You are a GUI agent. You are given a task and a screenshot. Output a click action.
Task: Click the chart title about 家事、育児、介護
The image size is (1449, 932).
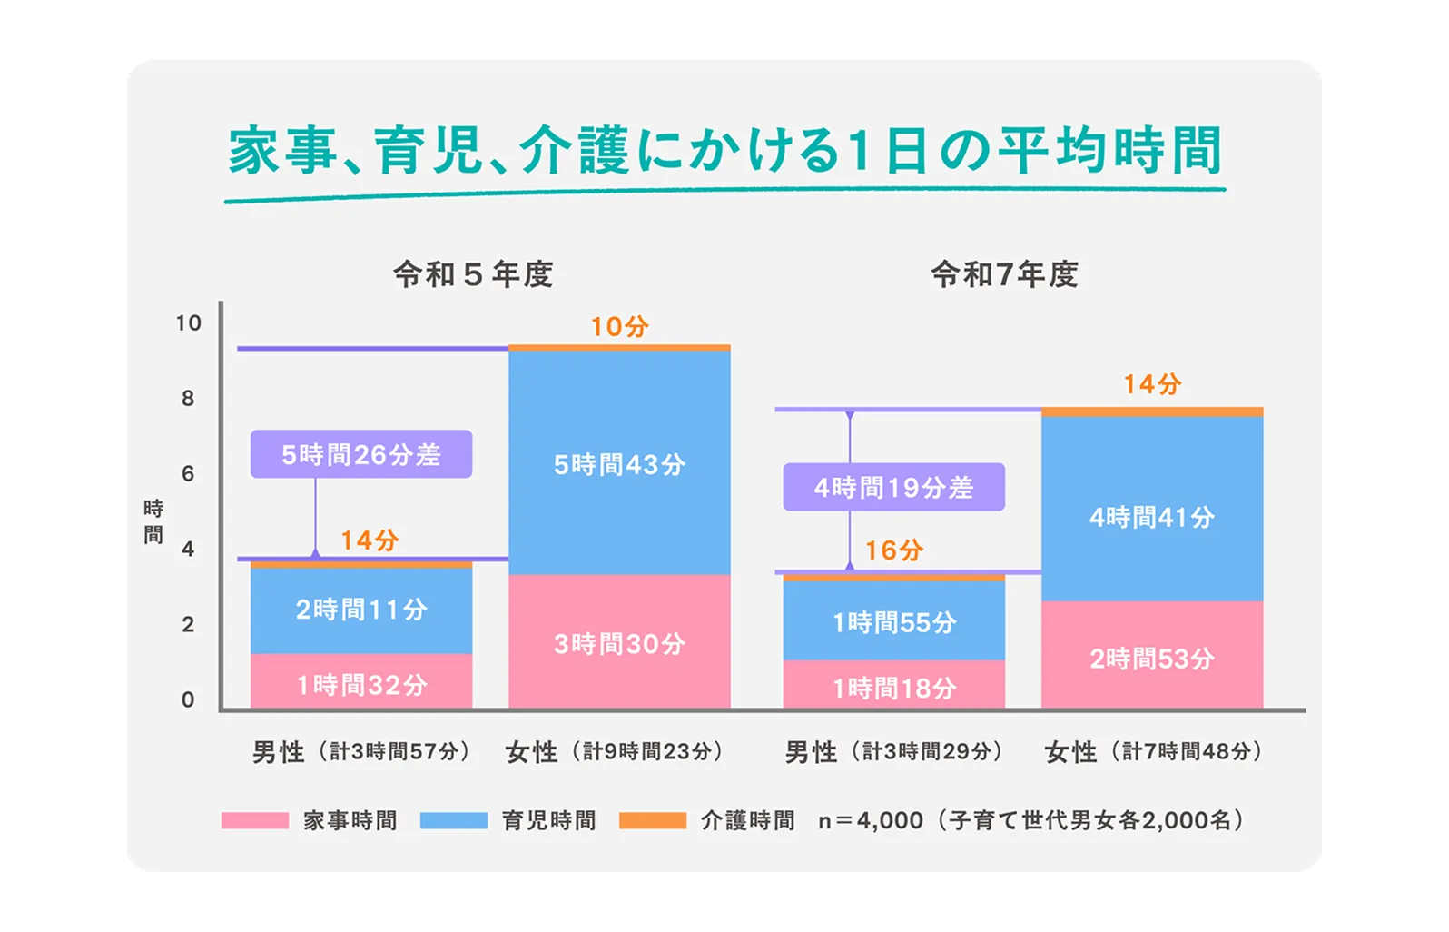724,151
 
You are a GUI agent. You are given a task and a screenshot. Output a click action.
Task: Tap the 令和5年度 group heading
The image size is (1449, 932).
473,274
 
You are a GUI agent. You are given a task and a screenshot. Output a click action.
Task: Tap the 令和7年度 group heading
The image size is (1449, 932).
1004,274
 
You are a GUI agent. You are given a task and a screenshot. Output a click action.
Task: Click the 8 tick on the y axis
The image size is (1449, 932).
188,398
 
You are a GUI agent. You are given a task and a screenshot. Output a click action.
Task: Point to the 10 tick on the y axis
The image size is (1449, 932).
188,322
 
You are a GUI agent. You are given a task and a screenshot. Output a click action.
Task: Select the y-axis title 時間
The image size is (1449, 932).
153,521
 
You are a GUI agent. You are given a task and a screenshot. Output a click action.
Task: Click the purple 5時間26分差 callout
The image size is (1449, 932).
361,454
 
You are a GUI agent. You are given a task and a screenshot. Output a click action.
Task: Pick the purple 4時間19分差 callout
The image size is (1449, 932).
893,488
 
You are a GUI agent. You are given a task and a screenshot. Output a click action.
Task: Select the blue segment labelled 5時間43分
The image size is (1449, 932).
619,463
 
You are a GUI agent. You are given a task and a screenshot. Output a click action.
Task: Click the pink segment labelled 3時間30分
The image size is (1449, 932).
619,643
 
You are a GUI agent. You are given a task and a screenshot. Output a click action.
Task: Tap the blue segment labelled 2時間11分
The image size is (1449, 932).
361,609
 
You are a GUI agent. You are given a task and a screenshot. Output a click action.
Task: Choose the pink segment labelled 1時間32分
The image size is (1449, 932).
361,683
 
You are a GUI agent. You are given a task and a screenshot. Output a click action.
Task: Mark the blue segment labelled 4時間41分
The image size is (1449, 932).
1151,516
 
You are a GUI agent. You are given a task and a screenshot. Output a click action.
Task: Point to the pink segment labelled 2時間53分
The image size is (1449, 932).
1151,658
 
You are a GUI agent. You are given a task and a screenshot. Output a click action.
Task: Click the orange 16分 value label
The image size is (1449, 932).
894,550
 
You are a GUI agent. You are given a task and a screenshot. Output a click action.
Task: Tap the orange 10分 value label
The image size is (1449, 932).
619,326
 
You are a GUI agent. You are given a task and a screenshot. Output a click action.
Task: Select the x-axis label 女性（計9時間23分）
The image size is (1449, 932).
614,752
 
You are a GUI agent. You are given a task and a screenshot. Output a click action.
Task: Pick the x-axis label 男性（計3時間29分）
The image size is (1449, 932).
893,752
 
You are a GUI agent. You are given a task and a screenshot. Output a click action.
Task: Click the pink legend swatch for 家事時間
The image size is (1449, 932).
255,820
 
